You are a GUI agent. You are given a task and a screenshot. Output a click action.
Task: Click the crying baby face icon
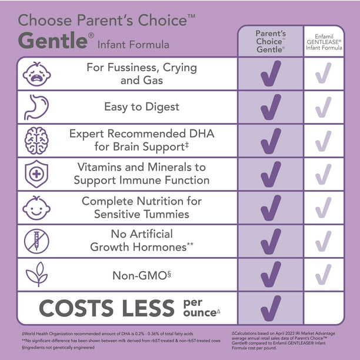coord(37,74)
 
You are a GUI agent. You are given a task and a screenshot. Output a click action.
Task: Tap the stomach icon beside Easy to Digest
coord(37,107)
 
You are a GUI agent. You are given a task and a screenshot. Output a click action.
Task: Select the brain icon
coord(37,141)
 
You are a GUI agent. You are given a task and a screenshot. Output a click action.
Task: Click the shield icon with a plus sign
coord(37,174)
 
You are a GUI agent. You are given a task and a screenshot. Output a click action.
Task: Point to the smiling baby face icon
coord(37,208)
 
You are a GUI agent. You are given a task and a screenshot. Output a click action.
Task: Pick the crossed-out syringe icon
coord(37,241)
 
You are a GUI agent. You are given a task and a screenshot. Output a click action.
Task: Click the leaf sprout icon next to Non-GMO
coord(37,274)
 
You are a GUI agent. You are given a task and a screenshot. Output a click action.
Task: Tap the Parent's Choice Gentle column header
coord(271,41)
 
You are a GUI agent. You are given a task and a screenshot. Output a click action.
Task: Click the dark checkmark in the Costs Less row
coord(271,308)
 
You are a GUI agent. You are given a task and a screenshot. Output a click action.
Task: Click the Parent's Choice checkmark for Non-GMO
coord(271,274)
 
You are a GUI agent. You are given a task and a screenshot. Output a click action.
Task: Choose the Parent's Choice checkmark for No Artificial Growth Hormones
coord(271,241)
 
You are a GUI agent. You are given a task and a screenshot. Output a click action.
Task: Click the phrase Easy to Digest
coord(142,107)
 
